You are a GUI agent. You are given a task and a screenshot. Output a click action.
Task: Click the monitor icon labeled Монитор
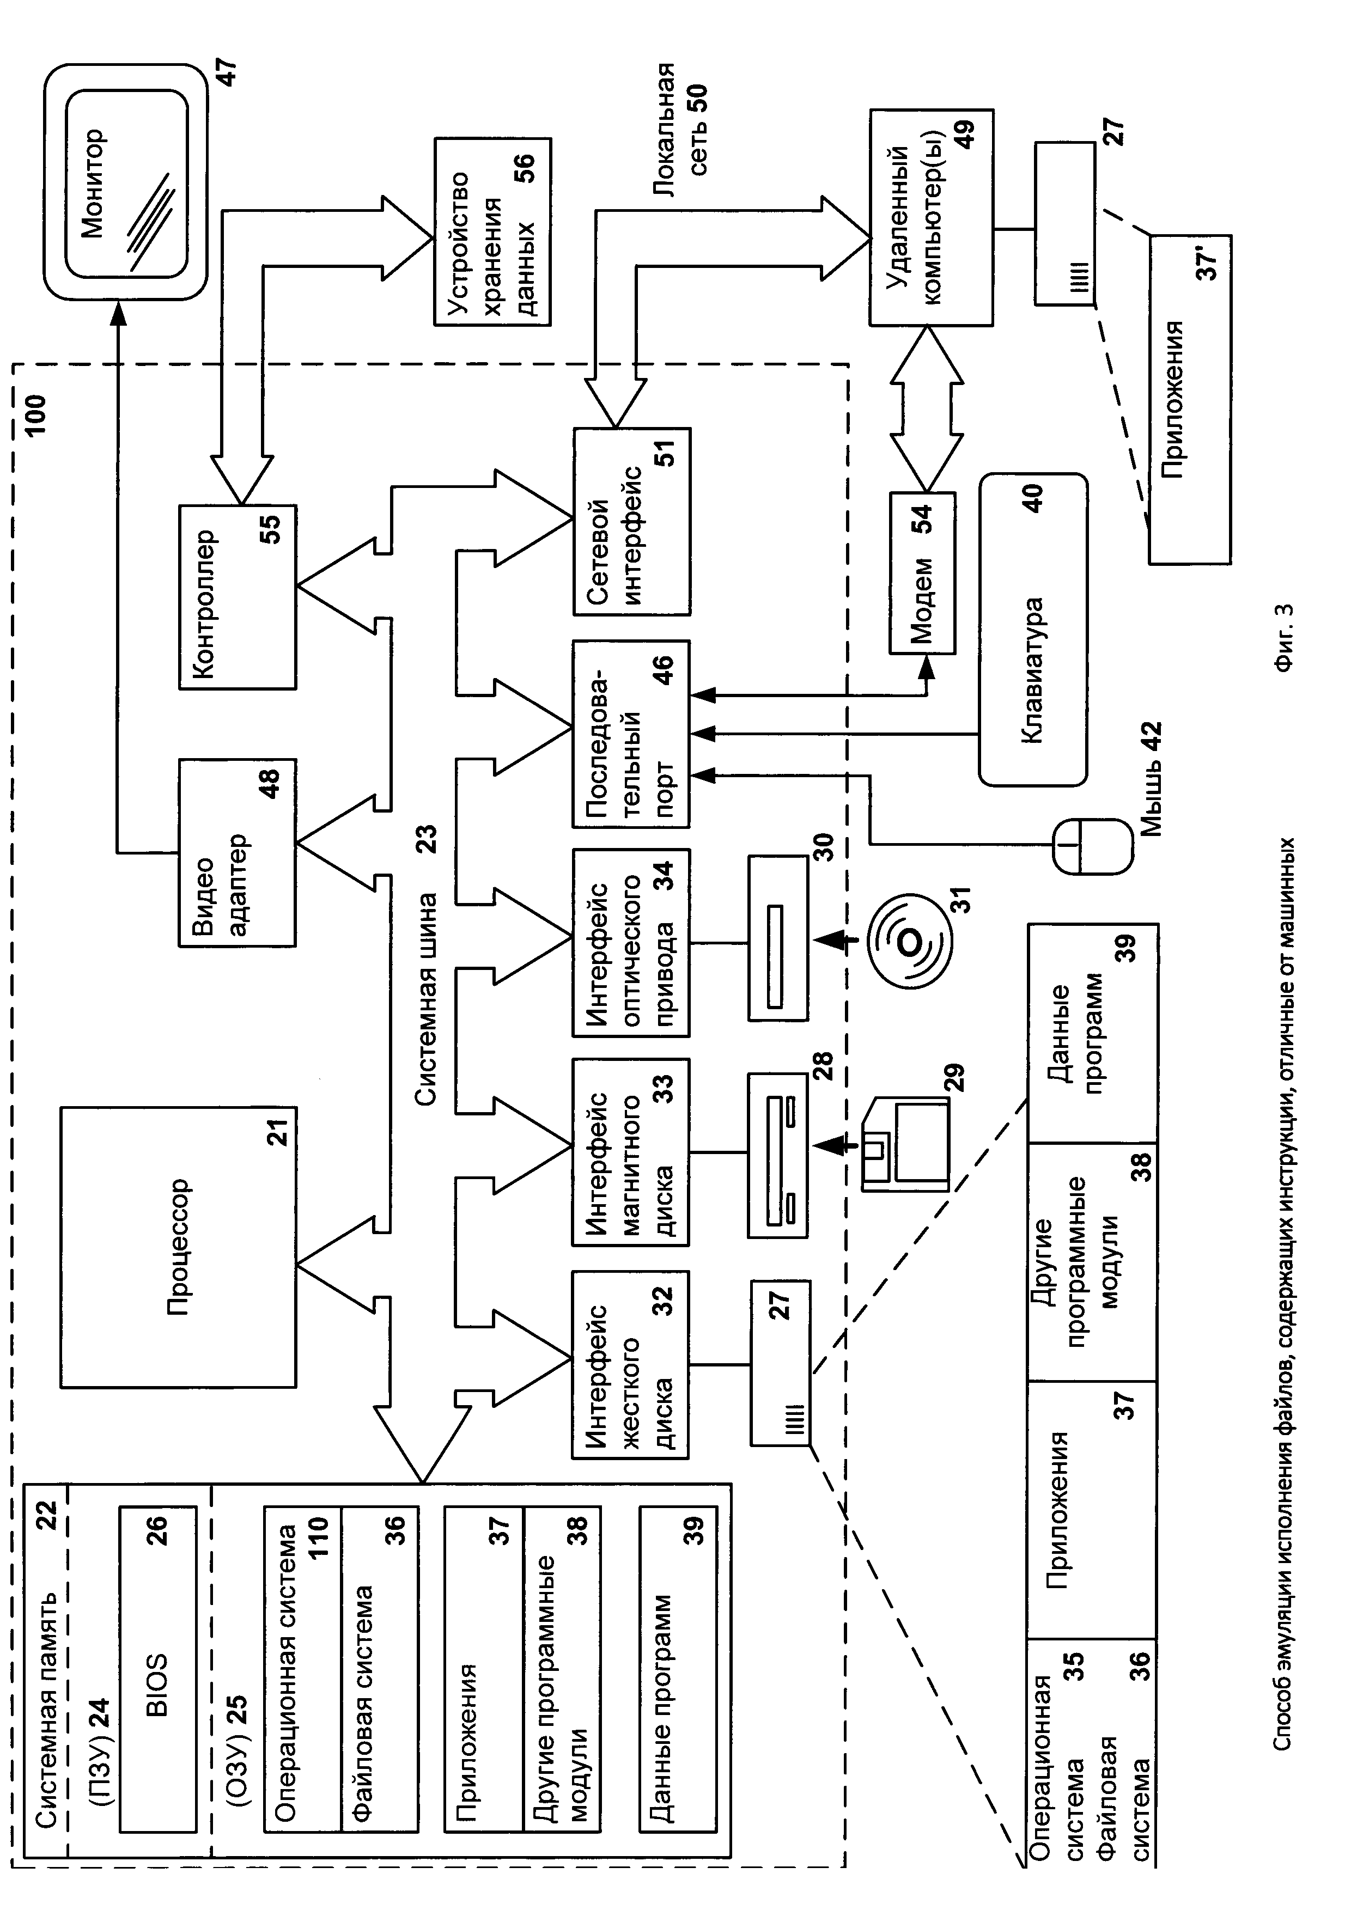click(x=125, y=183)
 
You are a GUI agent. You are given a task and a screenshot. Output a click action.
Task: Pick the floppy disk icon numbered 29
click(x=907, y=1144)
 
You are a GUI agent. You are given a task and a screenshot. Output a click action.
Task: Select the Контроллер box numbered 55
click(x=237, y=596)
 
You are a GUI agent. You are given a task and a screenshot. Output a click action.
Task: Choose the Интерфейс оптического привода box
click(x=631, y=943)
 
